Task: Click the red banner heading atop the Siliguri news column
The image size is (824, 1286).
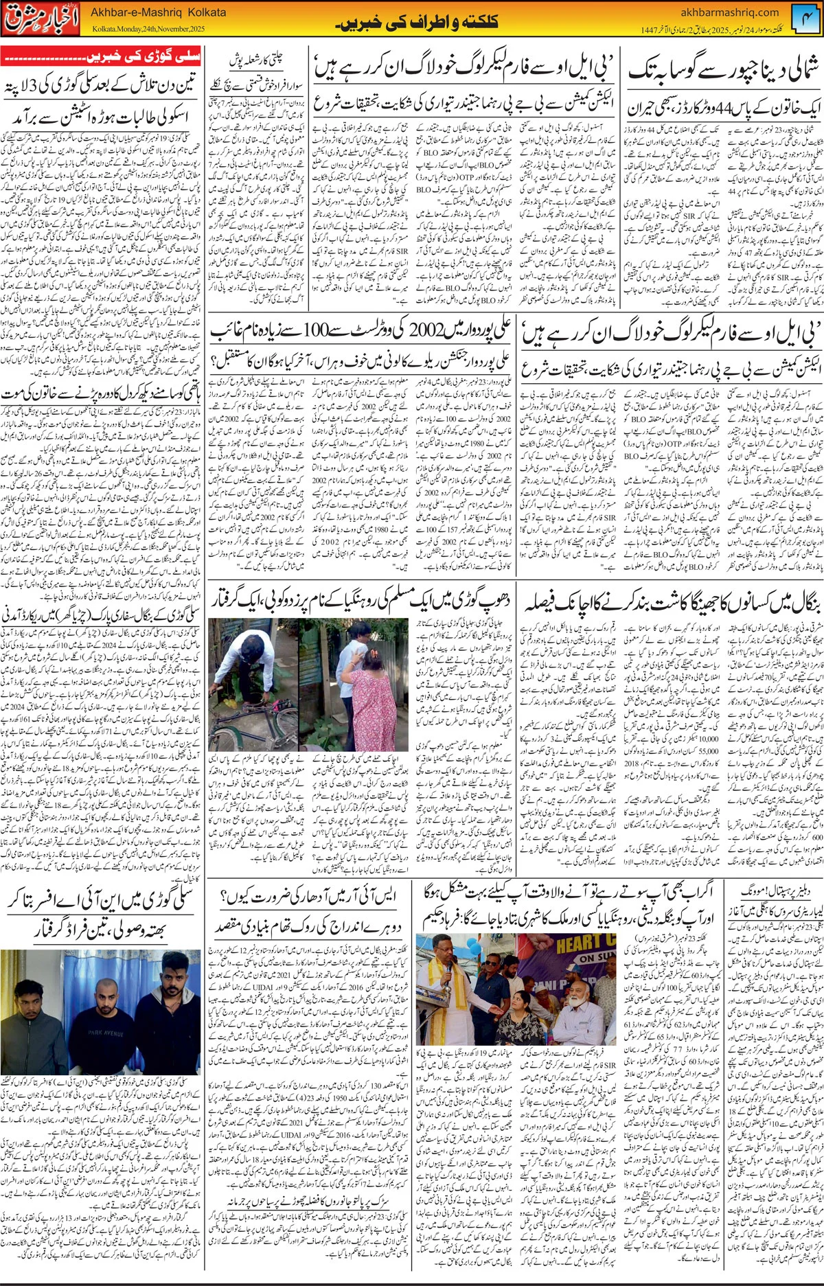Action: tap(101, 56)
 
